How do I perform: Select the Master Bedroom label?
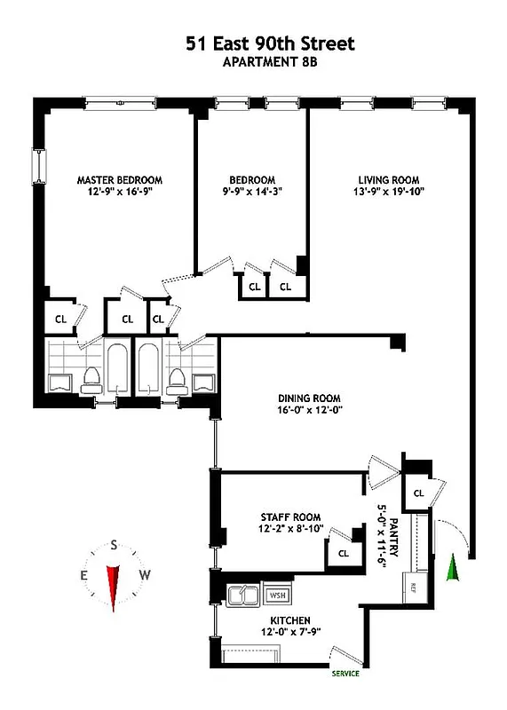coord(119,179)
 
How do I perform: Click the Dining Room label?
coord(309,398)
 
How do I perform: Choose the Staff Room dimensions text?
coord(290,531)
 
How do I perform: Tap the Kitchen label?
coord(290,620)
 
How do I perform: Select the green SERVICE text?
coord(346,674)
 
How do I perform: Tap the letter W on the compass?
coord(146,574)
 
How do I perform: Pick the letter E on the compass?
coord(84,575)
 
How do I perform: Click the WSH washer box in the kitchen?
coord(278,596)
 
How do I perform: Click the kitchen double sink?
coord(242,596)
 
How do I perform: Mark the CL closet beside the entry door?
coord(416,492)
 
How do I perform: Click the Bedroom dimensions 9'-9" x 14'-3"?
coord(252,191)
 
